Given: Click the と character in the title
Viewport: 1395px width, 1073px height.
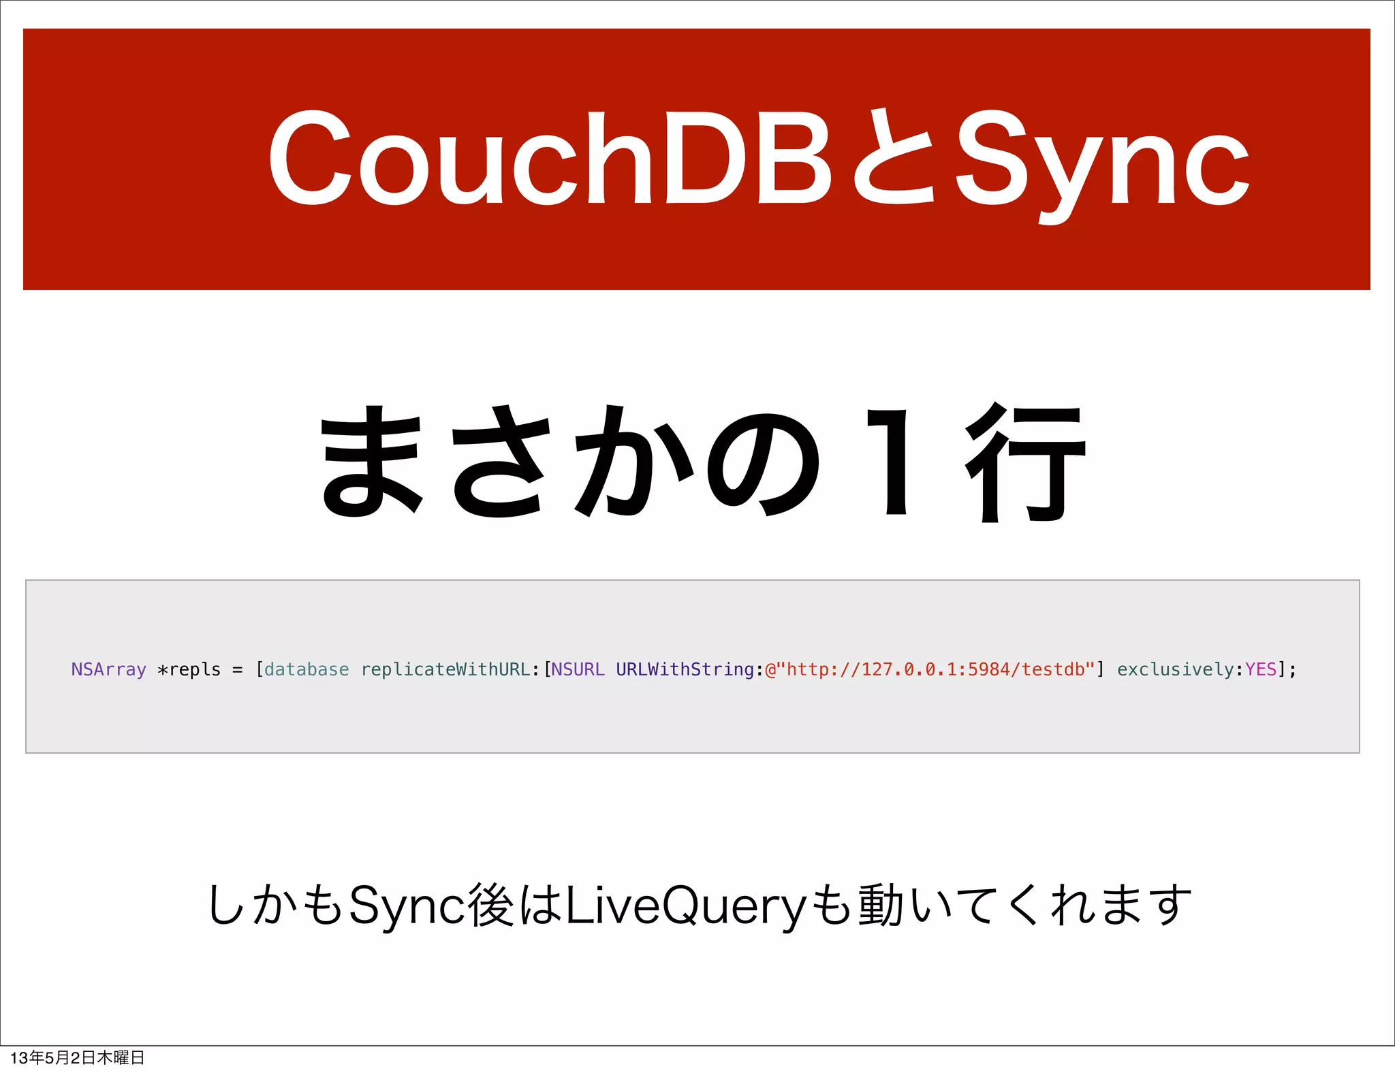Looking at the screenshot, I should pyautogui.click(x=894, y=158).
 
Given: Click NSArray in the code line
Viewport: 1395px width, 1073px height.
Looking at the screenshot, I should pyautogui.click(x=109, y=670).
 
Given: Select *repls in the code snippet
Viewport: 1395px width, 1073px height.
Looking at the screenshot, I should pyautogui.click(x=189, y=670).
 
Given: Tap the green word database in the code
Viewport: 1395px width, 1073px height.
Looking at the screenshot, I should pyautogui.click(x=307, y=670).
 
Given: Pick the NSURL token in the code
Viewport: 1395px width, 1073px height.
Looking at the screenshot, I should pyautogui.click(x=578, y=670).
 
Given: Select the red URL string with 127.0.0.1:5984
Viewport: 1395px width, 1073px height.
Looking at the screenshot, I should pyautogui.click(x=930, y=670).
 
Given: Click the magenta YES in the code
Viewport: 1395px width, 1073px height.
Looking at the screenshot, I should pyautogui.click(x=1261, y=670).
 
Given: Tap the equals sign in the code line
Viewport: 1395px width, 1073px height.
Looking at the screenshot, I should pyautogui.click(x=237, y=670).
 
